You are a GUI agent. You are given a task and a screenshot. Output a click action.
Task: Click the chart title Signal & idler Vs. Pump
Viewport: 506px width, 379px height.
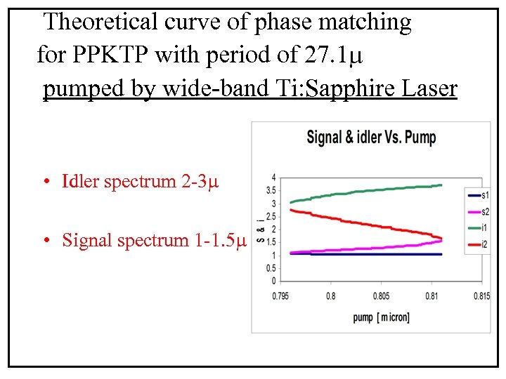371,137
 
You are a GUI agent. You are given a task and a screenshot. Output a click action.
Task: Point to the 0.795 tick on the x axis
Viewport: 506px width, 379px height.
280,295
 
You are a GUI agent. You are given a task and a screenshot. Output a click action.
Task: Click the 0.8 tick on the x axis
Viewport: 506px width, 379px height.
330,295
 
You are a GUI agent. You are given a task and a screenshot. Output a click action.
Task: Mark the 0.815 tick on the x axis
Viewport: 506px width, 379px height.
481,295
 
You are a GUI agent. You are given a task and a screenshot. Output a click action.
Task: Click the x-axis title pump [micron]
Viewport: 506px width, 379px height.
381,318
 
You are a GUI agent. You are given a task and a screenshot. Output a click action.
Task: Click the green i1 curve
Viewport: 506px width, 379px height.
365,191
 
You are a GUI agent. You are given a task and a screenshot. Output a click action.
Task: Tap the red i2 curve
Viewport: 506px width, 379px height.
365,223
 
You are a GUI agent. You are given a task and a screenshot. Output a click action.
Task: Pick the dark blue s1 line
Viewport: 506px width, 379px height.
365,254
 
